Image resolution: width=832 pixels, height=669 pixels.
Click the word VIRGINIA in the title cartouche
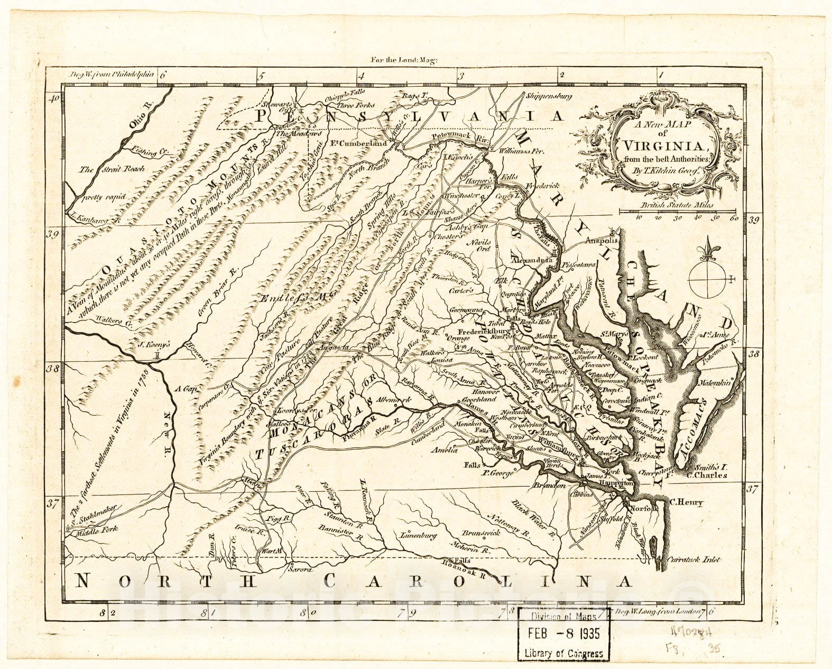[662, 146]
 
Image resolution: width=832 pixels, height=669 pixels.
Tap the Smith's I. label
[711, 467]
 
